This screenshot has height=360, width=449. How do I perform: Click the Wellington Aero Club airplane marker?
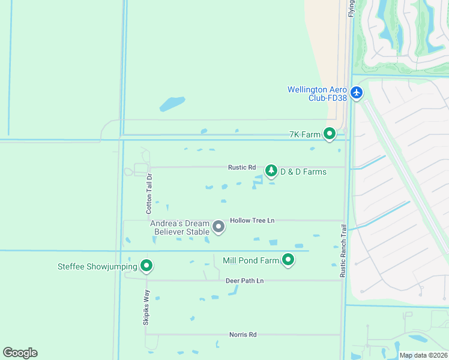coord(357,92)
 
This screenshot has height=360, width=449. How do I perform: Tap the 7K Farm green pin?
coord(330,134)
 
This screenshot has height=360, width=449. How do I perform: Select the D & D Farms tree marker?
coord(271,172)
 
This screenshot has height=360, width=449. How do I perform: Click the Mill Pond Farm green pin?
coord(289,260)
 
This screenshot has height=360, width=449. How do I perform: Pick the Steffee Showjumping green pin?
coord(146,266)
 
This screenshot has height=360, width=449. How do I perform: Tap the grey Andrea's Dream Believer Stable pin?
coord(218,227)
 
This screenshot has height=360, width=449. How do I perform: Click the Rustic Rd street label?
coord(242,167)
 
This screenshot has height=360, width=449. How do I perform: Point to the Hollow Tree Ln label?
coord(252,220)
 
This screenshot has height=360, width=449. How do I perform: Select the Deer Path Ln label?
coord(244,281)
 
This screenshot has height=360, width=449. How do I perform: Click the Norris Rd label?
coord(243,335)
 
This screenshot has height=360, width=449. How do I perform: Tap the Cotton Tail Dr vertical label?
coord(149,194)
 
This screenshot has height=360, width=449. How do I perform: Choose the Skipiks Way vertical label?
coord(146,308)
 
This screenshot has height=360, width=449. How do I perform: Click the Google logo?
coord(20,353)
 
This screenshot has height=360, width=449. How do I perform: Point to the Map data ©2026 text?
coord(423,355)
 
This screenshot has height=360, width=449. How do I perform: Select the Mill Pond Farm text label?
coord(251,260)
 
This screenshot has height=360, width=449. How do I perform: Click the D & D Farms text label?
coord(303,172)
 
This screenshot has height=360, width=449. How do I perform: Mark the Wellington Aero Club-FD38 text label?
coord(318,94)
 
